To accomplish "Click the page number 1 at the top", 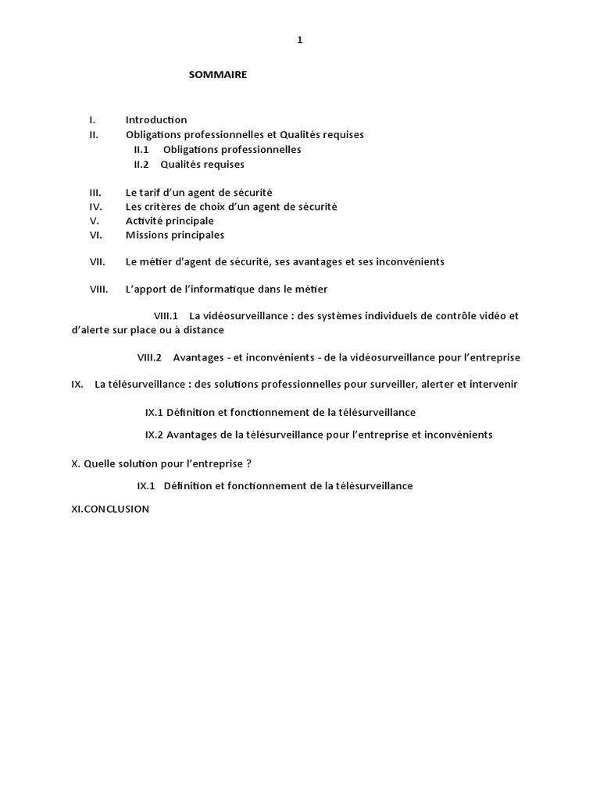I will (x=299, y=41).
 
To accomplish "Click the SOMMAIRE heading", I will (x=218, y=75).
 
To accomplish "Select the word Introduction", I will (x=156, y=119).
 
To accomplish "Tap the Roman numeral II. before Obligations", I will (x=94, y=134).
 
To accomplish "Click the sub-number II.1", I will (x=141, y=149).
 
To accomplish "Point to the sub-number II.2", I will (x=141, y=164).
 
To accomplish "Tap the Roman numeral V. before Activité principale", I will (x=93, y=221).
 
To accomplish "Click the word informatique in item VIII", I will (x=216, y=289).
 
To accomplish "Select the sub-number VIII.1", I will (x=166, y=316).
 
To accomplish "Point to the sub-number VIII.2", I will (x=149, y=357).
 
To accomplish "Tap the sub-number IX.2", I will (x=154, y=435).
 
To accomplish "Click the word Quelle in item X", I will (x=99, y=463).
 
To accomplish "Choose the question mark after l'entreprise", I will (x=249, y=463).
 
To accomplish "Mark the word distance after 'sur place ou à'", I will (x=203, y=330).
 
